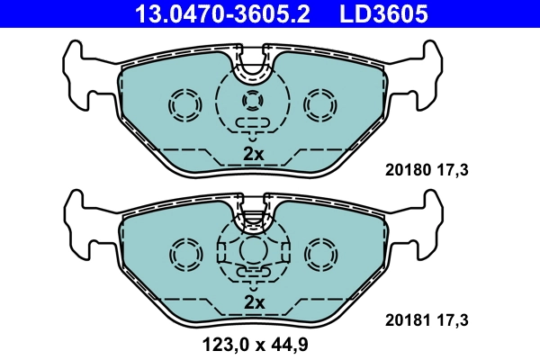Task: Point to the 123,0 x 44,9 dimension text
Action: coord(255,342)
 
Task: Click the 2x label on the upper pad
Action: coord(254,154)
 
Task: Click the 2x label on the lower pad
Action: coord(254,302)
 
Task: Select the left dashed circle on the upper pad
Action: coord(187,106)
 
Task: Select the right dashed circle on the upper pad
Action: coord(320,106)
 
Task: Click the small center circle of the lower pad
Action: coord(254,247)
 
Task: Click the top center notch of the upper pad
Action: coord(255,61)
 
